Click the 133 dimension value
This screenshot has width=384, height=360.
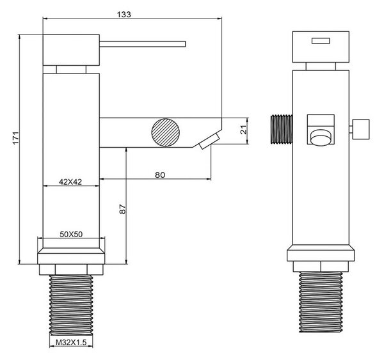[x=124, y=15]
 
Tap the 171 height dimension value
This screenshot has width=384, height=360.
[x=15, y=138]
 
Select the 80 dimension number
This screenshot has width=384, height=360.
[x=160, y=175]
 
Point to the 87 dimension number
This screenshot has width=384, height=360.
[x=122, y=209]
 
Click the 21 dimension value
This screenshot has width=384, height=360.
[x=243, y=129]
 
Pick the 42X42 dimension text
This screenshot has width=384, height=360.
[x=70, y=182]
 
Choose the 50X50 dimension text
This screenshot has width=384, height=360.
[x=71, y=234]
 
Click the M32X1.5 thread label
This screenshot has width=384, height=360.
[x=71, y=342]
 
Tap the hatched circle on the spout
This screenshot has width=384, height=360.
[x=166, y=132]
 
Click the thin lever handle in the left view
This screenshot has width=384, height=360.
[x=143, y=44]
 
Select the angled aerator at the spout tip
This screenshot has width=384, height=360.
[x=209, y=141]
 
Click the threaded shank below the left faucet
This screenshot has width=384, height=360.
[x=71, y=305]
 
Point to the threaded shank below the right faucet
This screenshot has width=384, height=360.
[x=321, y=302]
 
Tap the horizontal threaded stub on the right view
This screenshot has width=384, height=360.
[x=282, y=129]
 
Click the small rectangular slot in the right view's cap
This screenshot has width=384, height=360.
[x=321, y=41]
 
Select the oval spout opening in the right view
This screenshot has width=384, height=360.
[x=321, y=137]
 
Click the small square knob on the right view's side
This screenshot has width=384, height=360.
[x=360, y=129]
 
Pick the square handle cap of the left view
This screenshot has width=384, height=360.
[x=71, y=50]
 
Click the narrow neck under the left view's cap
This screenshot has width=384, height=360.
[x=71, y=69]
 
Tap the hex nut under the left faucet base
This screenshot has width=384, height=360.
[x=71, y=269]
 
